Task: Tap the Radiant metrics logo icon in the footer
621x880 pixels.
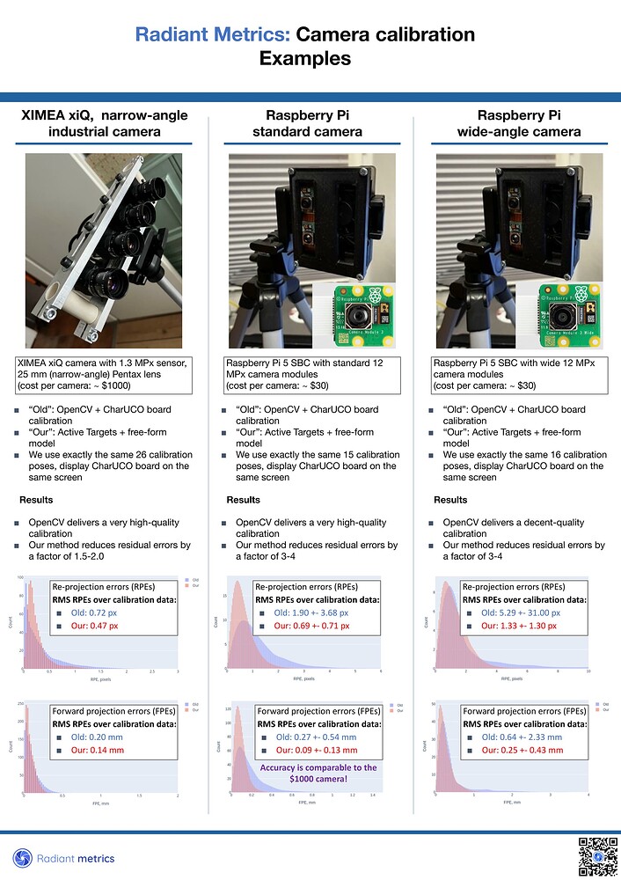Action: pyautogui.click(x=22, y=858)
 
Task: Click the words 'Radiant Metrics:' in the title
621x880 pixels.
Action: pyautogui.click(x=212, y=35)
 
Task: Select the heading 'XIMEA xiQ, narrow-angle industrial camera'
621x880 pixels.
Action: pyautogui.click(x=104, y=124)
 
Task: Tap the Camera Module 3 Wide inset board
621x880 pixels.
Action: pyautogui.click(x=567, y=313)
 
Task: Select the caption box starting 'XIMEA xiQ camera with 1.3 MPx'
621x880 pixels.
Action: pyautogui.click(x=104, y=374)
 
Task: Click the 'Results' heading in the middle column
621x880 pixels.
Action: pyautogui.click(x=243, y=500)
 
